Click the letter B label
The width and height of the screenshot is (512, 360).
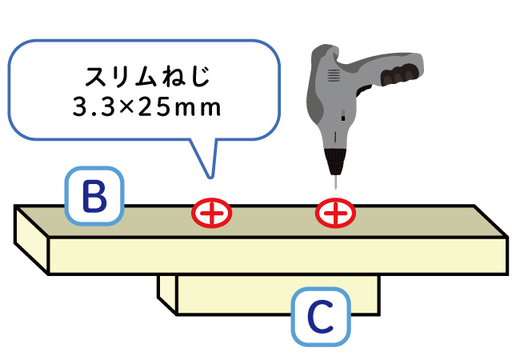(94, 195)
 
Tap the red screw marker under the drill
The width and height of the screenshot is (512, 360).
(335, 213)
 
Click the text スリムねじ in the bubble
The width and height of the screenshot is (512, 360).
(141, 78)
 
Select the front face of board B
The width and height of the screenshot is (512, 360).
(272, 254)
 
